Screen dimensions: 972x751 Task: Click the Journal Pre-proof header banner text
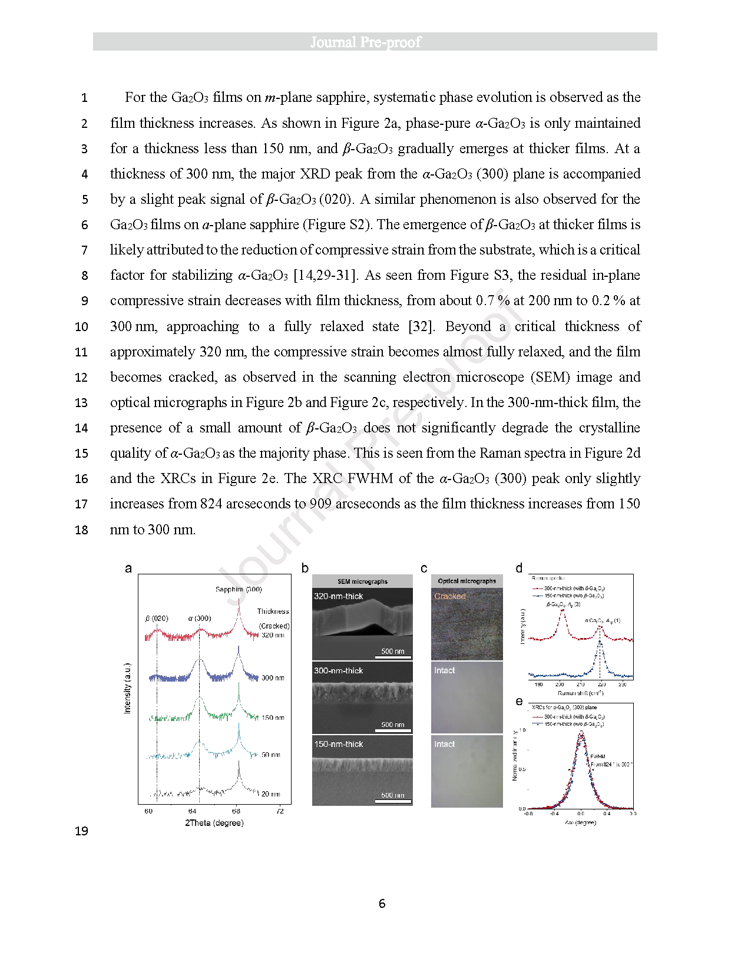pyautogui.click(x=366, y=42)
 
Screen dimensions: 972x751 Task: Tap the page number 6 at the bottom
pyautogui.click(x=382, y=904)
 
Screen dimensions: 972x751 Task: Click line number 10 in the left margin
pyautogui.click(x=81, y=327)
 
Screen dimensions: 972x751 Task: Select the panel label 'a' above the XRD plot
pyautogui.click(x=128, y=568)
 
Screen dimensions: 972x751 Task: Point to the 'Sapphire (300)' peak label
pyautogui.click(x=239, y=589)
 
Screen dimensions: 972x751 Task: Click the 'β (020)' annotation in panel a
pyautogui.click(x=157, y=619)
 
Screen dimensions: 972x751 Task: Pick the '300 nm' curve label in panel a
pyautogui.click(x=273, y=678)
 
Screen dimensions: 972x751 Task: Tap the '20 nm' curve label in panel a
pyautogui.click(x=270, y=794)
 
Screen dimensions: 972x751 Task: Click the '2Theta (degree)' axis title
pyautogui.click(x=214, y=823)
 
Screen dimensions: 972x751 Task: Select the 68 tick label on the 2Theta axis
pyautogui.click(x=236, y=811)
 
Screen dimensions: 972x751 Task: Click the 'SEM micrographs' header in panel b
pyautogui.click(x=362, y=581)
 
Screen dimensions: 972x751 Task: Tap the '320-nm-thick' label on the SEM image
pyautogui.click(x=339, y=596)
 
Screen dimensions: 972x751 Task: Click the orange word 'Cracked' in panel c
pyautogui.click(x=450, y=596)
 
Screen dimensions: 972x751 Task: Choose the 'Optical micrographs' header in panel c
pyautogui.click(x=467, y=581)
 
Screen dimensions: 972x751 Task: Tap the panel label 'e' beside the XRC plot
pyautogui.click(x=519, y=701)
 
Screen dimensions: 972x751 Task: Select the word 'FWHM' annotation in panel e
pyautogui.click(x=597, y=756)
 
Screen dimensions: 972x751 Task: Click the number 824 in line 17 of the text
pyautogui.click(x=211, y=504)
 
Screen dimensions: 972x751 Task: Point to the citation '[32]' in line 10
pyautogui.click(x=421, y=327)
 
